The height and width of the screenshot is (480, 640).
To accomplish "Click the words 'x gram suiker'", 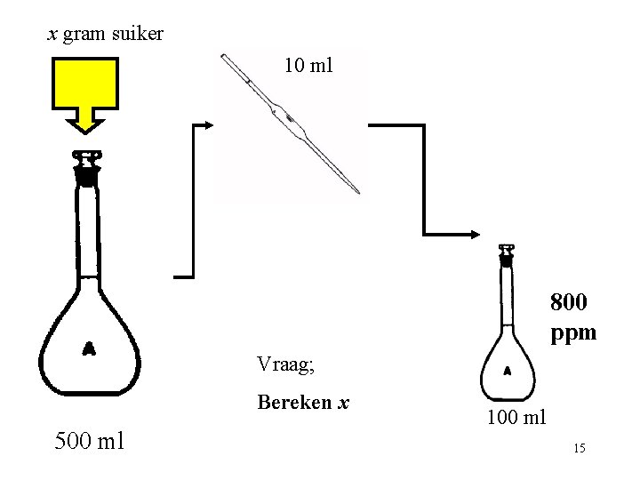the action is coord(105,35).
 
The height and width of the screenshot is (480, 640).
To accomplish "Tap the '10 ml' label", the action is coord(308,64).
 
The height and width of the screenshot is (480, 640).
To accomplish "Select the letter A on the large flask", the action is coord(89,348).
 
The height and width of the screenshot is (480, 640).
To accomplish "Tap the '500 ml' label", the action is coord(89,440).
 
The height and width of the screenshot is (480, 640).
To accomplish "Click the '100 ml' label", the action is coord(516,417).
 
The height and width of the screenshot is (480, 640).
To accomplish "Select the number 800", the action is coord(568,303).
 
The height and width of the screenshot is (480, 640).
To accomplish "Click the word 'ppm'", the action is coord(573,334).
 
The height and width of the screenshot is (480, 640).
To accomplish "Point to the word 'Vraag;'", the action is coord(286,364).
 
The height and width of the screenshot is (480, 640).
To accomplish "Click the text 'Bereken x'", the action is coord(302,403).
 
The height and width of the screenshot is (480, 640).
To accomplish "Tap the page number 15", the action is coord(579,449).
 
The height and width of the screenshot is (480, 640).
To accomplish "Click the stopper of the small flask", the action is coord(507,257).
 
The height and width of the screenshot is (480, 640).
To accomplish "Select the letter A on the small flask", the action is coord(507,370).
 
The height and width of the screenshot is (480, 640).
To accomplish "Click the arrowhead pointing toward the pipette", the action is coord(208,125).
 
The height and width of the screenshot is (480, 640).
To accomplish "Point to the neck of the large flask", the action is coord(87,231).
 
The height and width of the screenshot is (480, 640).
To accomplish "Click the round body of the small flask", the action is coord(507,369).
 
